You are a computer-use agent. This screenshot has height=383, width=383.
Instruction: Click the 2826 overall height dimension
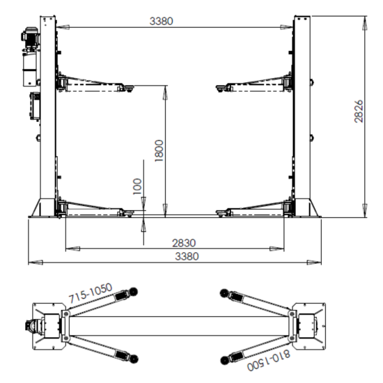pos(359,111)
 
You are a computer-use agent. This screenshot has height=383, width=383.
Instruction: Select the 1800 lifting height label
pos(159,150)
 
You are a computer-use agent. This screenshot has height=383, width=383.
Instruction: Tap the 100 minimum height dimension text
pos(137,187)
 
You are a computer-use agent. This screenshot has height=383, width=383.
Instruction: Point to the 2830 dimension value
pos(184,243)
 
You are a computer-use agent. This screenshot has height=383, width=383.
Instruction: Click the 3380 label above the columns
pos(162,22)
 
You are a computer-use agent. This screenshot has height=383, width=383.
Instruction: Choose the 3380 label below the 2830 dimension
pos(187,256)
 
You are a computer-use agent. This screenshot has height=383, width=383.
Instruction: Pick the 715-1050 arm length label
pos(90,292)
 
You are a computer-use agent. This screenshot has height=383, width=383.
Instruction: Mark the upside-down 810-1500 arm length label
pos(269,360)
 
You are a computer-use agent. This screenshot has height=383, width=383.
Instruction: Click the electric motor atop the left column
pos(30,37)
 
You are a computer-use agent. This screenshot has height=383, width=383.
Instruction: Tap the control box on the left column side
pos(35,106)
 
